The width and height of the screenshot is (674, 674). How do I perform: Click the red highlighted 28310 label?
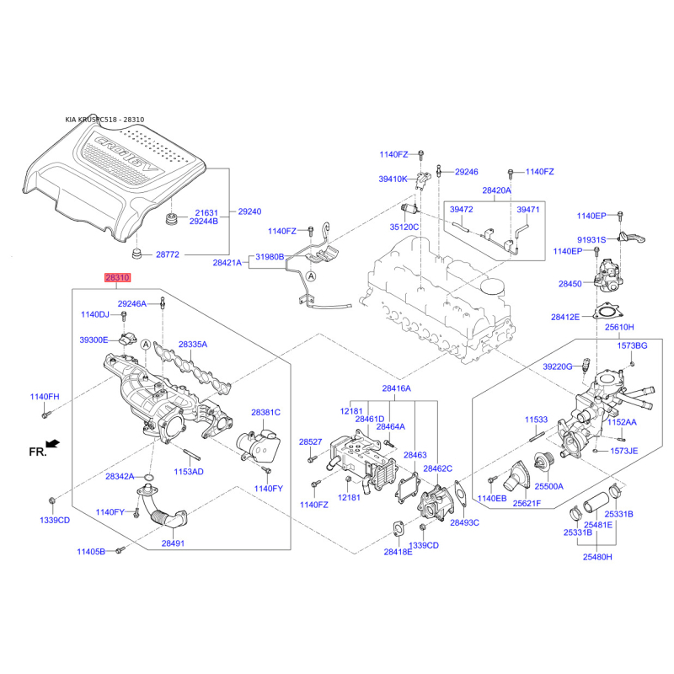coord(118,277)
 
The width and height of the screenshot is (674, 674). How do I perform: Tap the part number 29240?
coord(249,211)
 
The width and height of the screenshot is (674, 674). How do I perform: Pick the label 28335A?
coord(192,345)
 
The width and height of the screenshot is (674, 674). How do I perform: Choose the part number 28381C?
coord(265,413)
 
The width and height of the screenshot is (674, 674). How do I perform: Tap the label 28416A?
coord(396,389)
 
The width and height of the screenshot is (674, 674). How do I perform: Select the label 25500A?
coord(549,487)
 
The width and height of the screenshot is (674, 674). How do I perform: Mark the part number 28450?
coord(570,285)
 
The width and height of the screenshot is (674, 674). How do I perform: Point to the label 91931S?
coord(591,239)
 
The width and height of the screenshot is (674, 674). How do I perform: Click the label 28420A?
coord(497,191)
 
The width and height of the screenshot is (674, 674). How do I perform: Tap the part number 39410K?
coord(393,179)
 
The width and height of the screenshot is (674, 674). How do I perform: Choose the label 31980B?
coord(270,257)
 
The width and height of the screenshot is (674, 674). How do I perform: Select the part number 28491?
coord(173,543)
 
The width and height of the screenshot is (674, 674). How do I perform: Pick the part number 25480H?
coord(599,557)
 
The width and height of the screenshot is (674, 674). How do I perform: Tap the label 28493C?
coord(463,522)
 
